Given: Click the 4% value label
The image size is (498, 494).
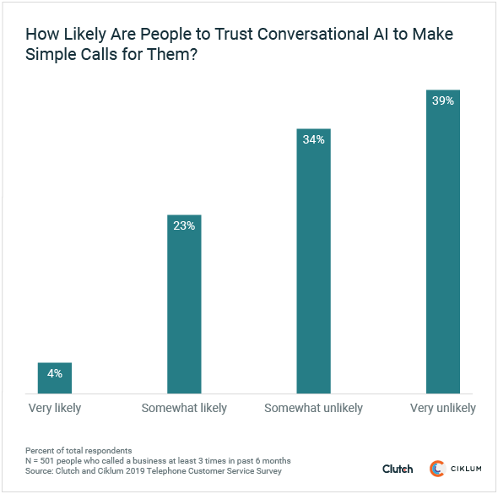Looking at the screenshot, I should [x=55, y=373].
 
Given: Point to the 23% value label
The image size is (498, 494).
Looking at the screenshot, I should [x=184, y=226].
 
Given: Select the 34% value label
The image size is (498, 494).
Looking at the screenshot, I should [x=314, y=140].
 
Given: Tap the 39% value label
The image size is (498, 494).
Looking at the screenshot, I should [x=443, y=100].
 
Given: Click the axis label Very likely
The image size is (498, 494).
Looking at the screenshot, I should [x=55, y=408].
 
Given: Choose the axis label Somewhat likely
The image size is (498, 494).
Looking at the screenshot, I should [x=184, y=408].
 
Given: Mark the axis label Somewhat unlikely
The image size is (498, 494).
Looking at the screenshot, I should [x=314, y=408].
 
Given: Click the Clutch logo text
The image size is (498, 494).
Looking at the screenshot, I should [x=398, y=469].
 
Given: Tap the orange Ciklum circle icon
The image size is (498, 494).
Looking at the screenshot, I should [x=437, y=469].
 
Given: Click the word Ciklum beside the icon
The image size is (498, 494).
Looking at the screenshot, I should [x=466, y=469].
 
